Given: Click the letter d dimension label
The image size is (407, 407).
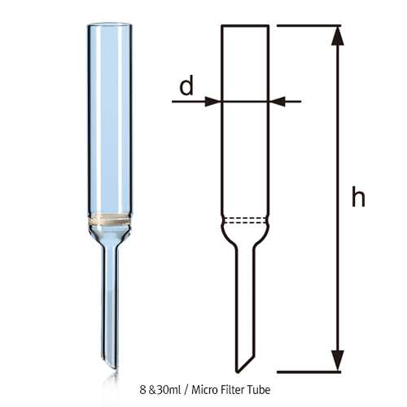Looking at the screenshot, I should [x=186, y=85].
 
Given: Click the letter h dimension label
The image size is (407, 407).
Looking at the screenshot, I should [x=357, y=198].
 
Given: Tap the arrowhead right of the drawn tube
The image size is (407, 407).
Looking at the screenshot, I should [x=277, y=101].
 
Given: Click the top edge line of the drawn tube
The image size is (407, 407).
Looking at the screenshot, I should [x=246, y=26].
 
